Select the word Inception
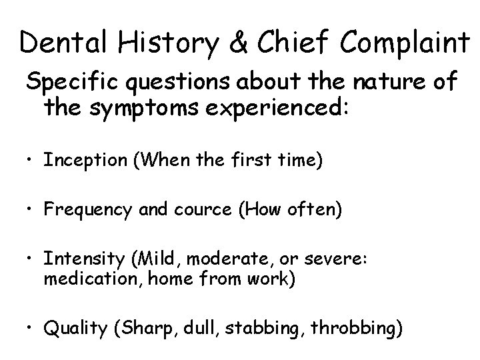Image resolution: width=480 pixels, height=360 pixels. tap(81, 161)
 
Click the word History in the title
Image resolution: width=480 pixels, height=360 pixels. tap(167, 43)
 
